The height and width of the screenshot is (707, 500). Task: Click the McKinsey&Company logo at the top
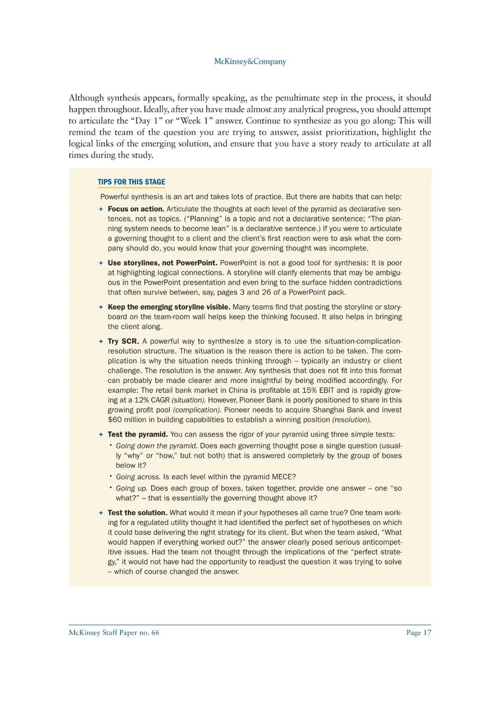pos(250,61)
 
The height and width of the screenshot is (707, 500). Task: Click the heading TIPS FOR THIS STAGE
pos(131,182)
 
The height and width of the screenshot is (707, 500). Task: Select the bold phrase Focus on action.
pos(136,209)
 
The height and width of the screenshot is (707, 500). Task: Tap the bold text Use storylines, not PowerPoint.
pos(162,263)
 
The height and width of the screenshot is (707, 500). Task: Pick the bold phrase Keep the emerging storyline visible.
pos(169,307)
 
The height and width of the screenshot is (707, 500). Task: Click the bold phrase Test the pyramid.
pos(137,434)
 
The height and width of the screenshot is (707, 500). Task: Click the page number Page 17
pos(419,633)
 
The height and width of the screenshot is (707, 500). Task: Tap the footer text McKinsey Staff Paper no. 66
pos(114,633)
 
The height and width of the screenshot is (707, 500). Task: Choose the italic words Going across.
pos(138,477)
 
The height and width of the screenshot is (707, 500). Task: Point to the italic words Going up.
pos(132,488)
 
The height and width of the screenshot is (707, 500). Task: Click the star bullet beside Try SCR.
pos(101,341)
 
